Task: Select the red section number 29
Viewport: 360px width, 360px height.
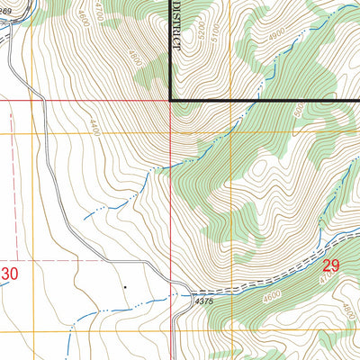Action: point(330,265)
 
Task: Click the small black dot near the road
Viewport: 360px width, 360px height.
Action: point(125,287)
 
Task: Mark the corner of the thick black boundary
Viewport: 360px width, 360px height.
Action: point(171,99)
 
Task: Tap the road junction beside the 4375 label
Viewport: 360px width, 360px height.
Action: point(190,293)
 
